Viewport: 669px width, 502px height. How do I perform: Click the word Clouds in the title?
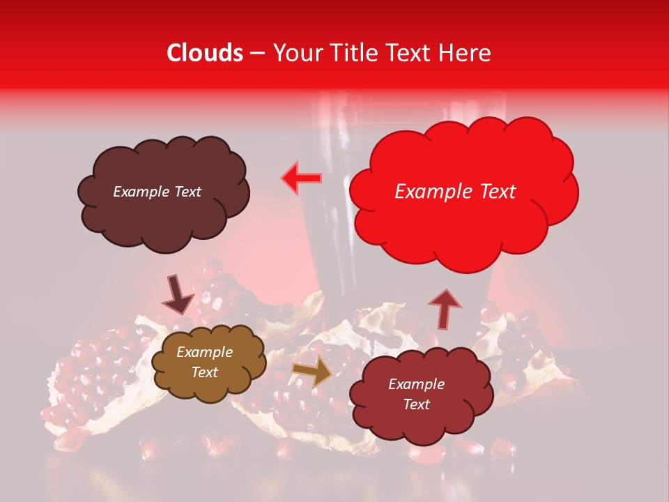pos(205,53)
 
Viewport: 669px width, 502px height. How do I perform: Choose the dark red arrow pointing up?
pos(444,308)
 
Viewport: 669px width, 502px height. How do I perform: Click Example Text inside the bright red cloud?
pos(455,192)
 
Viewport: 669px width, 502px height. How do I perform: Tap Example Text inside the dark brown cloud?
pos(157,192)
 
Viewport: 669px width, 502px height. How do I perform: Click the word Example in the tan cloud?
pos(204,352)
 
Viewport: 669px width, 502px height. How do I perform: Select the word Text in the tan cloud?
pos(204,372)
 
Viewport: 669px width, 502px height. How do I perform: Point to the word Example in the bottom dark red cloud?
pos(416,384)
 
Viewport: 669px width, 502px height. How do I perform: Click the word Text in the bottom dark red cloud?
pos(416,404)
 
